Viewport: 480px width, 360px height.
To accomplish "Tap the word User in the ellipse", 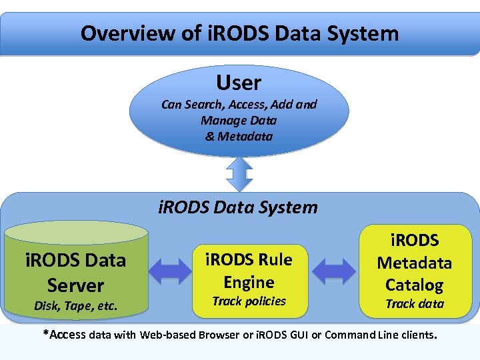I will pos(239,83).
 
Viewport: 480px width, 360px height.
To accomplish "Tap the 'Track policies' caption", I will pos(249,301).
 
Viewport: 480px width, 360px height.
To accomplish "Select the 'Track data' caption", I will pos(414,303).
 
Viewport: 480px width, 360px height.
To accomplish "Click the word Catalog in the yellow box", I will pos(414,285).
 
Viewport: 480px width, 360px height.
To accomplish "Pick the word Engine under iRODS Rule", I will pos(249,282).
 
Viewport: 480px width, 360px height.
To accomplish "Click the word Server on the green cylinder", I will pos(75,285).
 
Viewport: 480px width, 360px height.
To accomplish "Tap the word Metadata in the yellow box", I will pos(414,263).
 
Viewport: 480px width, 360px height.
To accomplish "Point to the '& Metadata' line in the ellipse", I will pos(239,136).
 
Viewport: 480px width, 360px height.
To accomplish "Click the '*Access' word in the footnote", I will pos(65,335).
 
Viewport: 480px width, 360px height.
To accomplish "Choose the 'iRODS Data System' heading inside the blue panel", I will pos(238,207).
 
